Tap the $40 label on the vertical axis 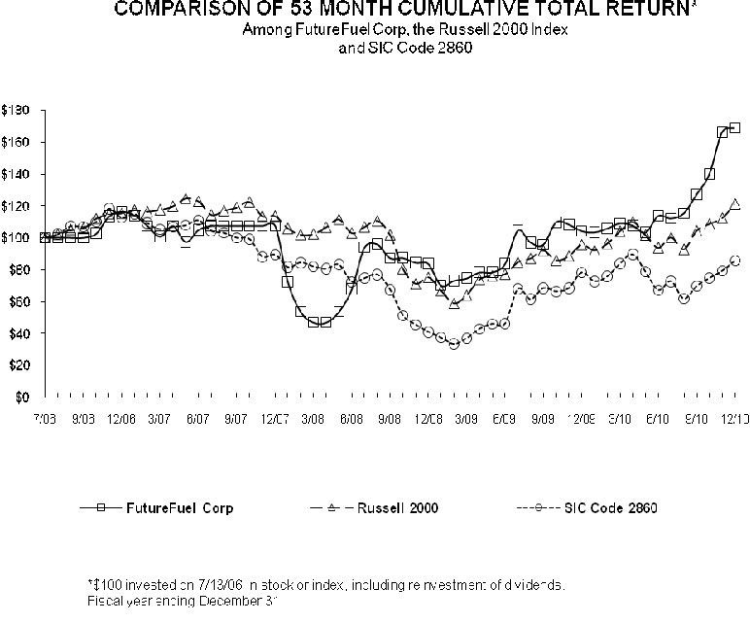pos(18,333)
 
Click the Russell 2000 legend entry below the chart pos(398,506)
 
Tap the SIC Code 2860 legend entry pos(618,506)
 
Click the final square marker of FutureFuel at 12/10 pos(734,127)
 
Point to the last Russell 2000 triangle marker pos(734,204)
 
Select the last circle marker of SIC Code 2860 pos(734,260)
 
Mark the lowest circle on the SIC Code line pos(453,344)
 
